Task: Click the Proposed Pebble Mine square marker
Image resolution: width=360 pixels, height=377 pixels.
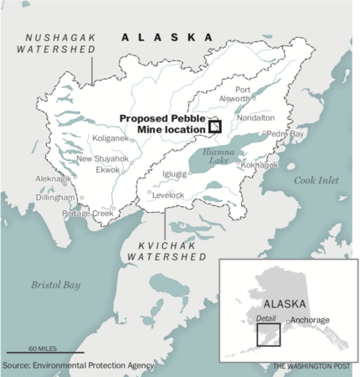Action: click(x=215, y=127)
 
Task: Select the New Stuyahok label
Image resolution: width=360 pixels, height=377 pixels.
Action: click(x=103, y=158)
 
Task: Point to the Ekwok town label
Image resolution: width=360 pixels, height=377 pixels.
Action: click(x=108, y=169)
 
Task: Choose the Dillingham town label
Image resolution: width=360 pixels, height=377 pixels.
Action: click(x=57, y=198)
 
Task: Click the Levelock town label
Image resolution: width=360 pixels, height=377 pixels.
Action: click(x=167, y=194)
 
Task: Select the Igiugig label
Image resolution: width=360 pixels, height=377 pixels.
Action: click(x=174, y=174)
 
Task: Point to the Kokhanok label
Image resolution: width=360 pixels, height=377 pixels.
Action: click(x=260, y=165)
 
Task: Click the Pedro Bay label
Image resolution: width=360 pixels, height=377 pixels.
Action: click(x=286, y=133)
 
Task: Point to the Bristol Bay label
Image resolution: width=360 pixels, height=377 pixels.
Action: click(x=55, y=285)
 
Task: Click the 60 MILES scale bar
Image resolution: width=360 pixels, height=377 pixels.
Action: click(x=33, y=351)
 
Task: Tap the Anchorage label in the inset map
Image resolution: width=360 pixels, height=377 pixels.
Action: click(x=309, y=320)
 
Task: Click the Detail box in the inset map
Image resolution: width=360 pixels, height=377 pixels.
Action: click(x=268, y=333)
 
